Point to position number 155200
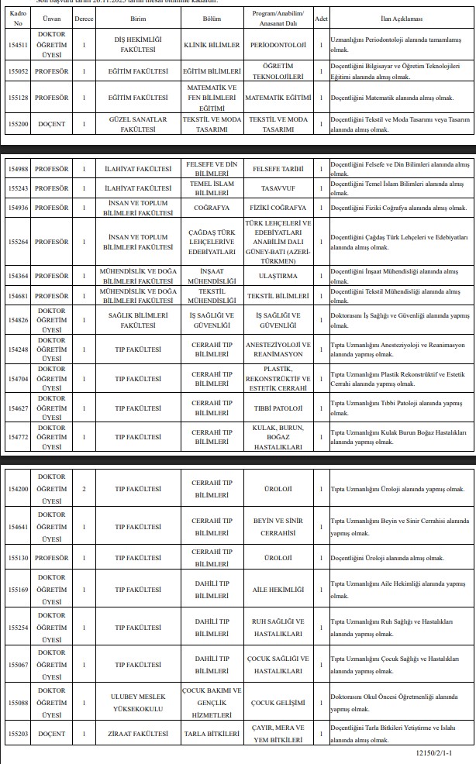point(17,125)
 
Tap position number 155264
point(17,243)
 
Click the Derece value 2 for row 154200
point(84,489)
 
